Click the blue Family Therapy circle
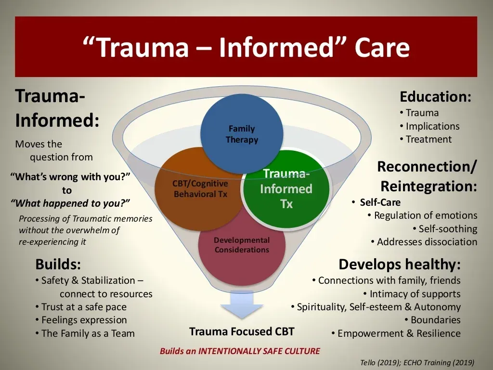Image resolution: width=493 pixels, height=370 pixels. pos(242,134)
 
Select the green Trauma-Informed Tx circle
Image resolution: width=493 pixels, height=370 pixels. pos(286,189)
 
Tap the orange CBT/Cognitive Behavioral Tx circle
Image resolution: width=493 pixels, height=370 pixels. pos(199,189)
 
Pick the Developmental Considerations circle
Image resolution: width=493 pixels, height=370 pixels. pos(242,249)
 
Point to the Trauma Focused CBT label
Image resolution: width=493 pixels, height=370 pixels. pos(242,331)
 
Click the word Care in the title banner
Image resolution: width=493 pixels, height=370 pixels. pos(382,47)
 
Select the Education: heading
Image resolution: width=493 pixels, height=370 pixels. pos(435,96)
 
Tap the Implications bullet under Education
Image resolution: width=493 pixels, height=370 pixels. pos(429,126)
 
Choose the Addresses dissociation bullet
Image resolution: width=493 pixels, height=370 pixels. pos(424,242)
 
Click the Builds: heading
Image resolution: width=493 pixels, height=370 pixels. pos(58,264)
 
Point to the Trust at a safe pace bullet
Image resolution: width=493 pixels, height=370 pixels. pos(81,307)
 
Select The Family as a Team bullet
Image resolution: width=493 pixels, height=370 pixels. pos(85,333)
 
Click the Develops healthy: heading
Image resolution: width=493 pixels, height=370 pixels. pos(399,264)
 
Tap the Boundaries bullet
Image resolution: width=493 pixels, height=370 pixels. pos(432,320)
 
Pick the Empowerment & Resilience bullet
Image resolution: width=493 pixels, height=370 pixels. pos(396,333)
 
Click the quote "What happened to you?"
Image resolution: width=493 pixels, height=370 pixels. pos(70,203)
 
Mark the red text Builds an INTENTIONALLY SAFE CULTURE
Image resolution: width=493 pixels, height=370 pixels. pos(240,351)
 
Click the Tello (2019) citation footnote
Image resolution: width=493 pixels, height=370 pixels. pos(417,363)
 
